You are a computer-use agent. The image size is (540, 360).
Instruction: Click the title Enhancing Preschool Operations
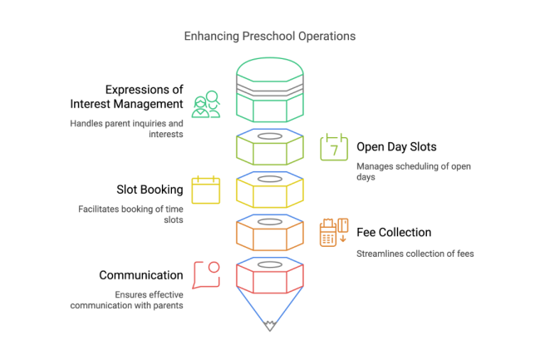269,37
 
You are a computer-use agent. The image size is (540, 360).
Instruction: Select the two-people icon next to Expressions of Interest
205,104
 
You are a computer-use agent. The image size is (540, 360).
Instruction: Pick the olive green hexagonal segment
269,148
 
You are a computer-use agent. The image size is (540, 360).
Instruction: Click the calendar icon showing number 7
333,146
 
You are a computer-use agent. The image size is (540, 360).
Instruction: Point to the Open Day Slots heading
396,147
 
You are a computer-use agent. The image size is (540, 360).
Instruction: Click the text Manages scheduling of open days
414,172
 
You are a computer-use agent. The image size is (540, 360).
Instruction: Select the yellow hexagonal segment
269,190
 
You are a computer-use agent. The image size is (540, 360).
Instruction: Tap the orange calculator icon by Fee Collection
333,232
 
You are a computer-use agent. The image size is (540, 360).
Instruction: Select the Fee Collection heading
395,233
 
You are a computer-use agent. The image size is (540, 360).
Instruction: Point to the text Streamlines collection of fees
415,254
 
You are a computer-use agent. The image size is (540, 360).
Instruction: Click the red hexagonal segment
269,276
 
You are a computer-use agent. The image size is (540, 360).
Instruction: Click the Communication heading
141,275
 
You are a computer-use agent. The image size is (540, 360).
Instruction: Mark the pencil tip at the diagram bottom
269,327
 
